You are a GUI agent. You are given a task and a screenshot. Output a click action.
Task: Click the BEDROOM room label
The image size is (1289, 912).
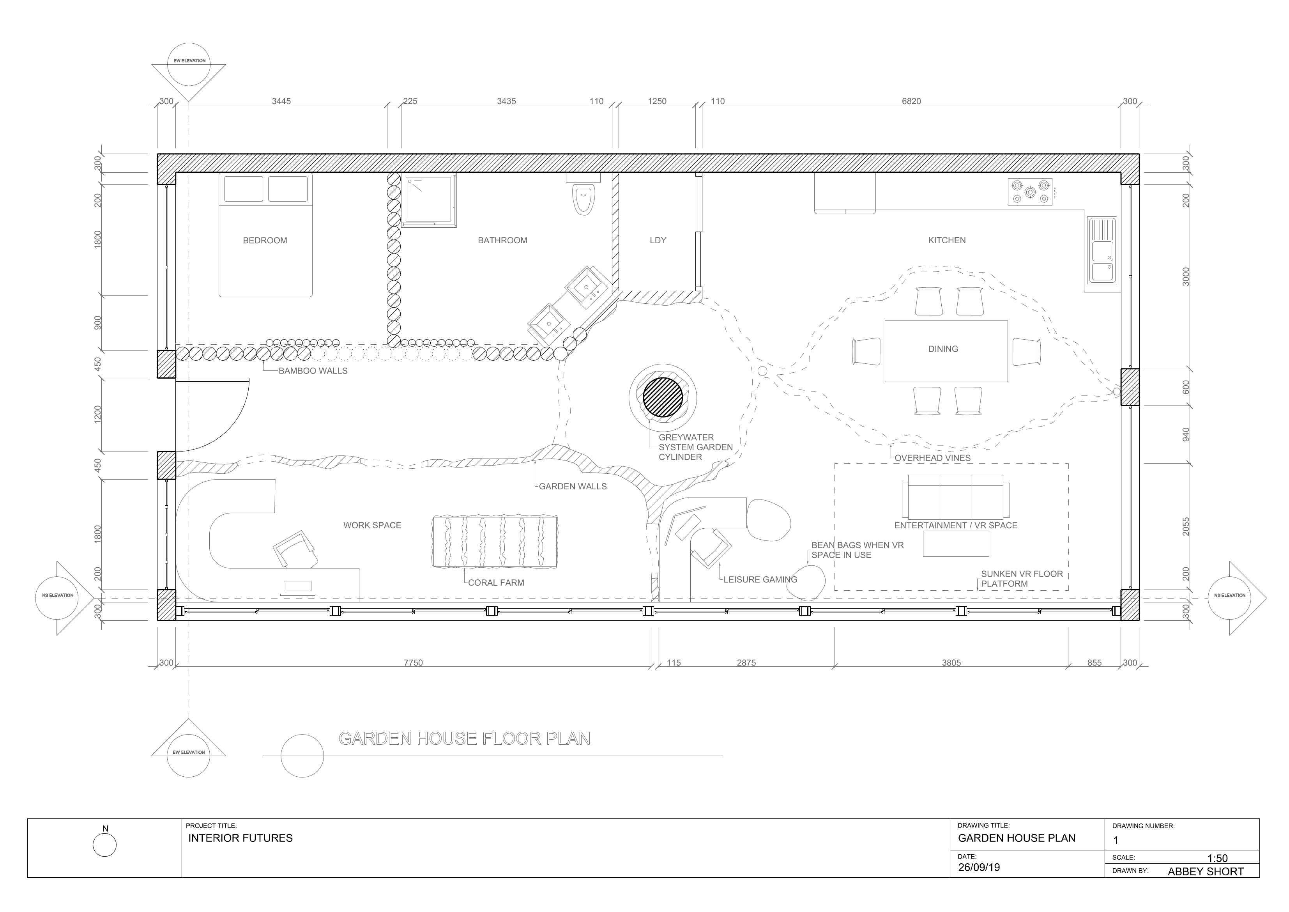coord(265,240)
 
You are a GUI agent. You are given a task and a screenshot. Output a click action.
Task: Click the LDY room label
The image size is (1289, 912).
coord(658,240)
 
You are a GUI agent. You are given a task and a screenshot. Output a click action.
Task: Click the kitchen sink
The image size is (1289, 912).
coord(1102,250)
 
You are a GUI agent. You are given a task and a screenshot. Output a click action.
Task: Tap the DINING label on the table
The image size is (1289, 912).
coord(943,349)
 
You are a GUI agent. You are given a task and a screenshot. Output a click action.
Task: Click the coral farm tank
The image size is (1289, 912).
coord(495,541)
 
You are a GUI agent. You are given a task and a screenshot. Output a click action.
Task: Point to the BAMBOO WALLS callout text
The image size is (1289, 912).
coord(313,371)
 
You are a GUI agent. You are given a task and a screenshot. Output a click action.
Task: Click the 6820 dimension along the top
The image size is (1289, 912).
coord(911,102)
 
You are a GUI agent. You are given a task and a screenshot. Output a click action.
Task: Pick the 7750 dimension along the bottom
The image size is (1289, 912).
coord(413,663)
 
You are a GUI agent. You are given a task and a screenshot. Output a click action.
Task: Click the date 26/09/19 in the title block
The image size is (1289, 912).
coord(979,867)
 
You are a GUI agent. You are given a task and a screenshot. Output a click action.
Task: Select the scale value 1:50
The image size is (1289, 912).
coord(1217,858)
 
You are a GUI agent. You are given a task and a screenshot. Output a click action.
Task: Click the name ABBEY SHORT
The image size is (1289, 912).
coord(1206,871)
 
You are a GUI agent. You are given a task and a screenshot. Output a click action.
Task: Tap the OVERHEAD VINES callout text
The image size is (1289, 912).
coord(932,458)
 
